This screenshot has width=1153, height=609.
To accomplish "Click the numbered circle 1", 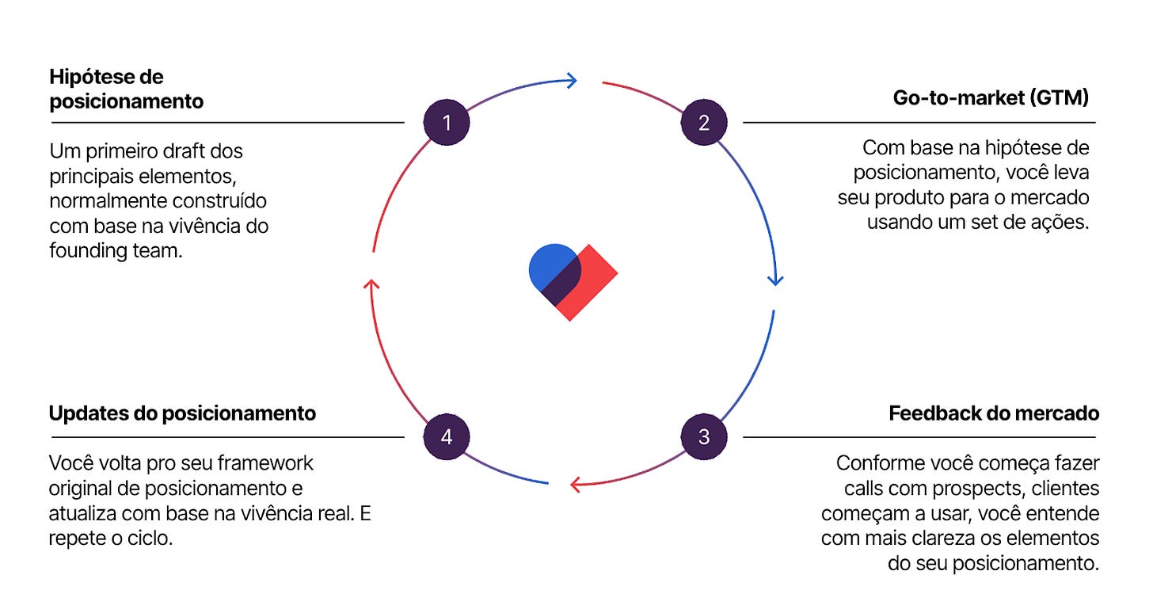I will tap(447, 123).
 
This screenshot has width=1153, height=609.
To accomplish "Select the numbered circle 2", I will tap(704, 123).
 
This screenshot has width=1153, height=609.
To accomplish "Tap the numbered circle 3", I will tap(704, 437).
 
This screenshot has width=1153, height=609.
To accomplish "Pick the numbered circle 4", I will tap(447, 437).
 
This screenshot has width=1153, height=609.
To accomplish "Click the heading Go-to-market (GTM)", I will tap(991, 98).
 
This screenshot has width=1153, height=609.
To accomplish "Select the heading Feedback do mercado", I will tap(994, 413).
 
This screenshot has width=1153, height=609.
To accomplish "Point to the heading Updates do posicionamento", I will tap(182, 413).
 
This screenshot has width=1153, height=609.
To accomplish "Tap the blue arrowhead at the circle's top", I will tap(570, 79).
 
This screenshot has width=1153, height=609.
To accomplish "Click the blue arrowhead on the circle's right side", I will tap(775, 279).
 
